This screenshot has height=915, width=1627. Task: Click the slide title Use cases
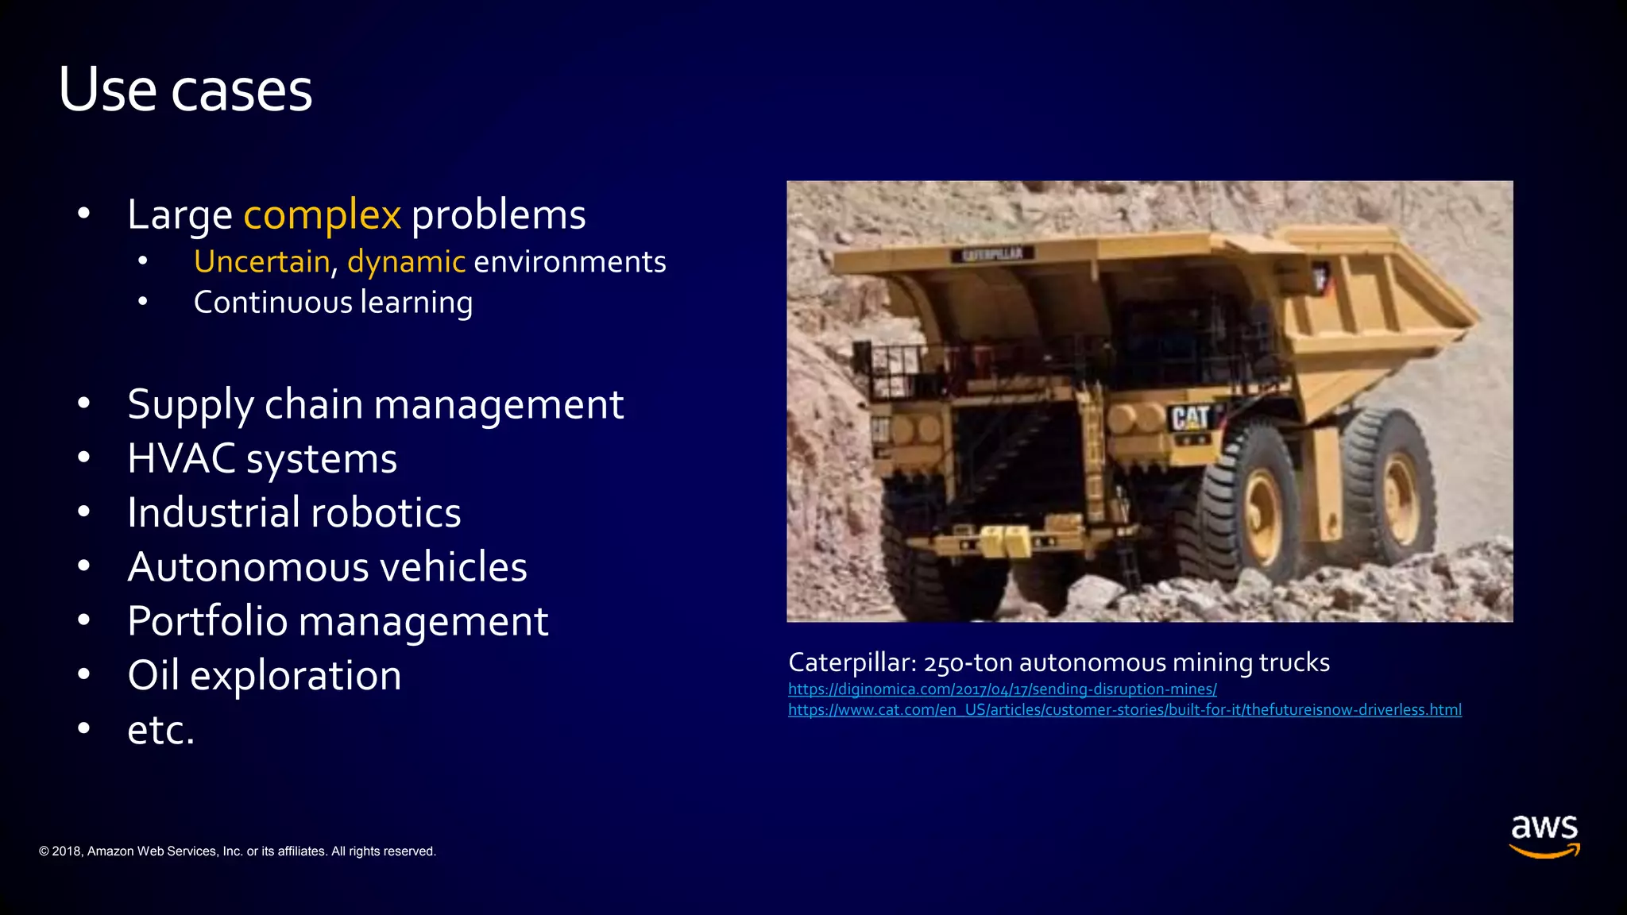coord(185,90)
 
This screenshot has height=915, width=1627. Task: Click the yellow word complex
coord(322,214)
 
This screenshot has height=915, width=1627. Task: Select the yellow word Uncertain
coord(261,262)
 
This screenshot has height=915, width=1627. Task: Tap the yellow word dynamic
coord(406,262)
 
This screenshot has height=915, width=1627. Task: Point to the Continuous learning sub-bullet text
coord(333,303)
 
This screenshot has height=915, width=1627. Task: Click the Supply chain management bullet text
coord(375,404)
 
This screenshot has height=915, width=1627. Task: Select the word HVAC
coord(181,459)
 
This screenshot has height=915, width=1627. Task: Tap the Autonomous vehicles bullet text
coord(327,567)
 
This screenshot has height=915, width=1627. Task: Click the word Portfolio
coord(207,621)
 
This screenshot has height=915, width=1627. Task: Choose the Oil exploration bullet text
coord(264,676)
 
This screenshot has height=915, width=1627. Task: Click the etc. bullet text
coord(160,730)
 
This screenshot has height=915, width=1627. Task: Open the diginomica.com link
coord(1002,689)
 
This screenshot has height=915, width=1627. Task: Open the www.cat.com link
coord(1124,710)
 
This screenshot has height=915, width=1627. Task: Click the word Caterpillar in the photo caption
coord(852,662)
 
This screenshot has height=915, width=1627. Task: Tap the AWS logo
coord(1544,836)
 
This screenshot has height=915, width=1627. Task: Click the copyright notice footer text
coord(238,851)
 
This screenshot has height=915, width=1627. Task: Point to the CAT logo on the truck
coord(1189,418)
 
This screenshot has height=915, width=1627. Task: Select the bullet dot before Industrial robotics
coord(84,512)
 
